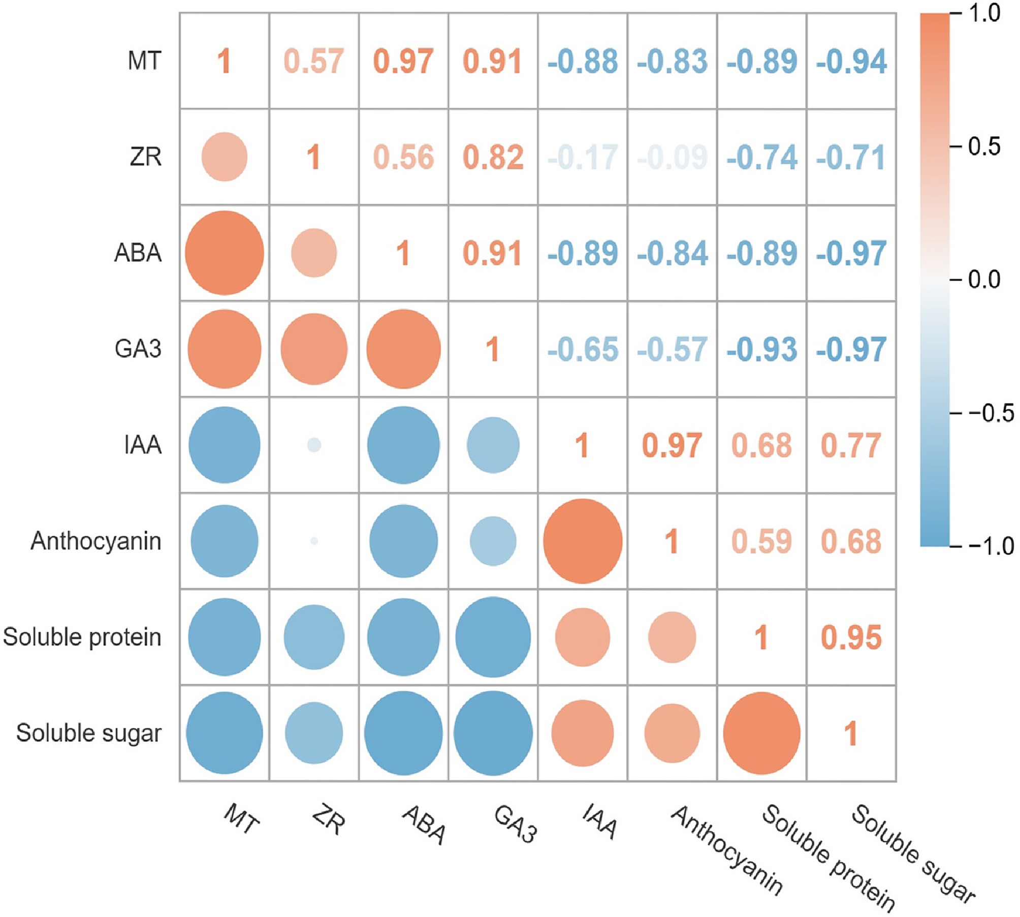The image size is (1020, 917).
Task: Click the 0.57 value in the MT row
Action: click(x=314, y=61)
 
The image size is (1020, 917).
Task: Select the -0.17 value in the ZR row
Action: click(x=583, y=157)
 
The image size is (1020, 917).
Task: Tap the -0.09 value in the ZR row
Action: click(x=672, y=157)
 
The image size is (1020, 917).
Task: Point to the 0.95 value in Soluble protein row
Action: click(x=851, y=637)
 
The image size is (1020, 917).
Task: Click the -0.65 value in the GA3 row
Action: click(x=583, y=349)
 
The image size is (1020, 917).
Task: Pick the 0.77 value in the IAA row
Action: click(x=851, y=445)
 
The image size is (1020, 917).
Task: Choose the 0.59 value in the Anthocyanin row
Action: click(x=761, y=541)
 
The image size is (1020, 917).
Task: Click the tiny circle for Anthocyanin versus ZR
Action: click(x=314, y=541)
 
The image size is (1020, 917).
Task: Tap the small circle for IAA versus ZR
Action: click(x=314, y=445)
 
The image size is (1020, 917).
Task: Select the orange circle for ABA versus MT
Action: click(x=225, y=253)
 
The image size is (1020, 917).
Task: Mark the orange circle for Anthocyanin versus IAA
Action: click(x=583, y=541)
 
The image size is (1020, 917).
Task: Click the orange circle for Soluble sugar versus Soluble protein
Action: click(x=761, y=733)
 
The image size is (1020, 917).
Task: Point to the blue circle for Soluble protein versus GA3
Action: click(x=493, y=637)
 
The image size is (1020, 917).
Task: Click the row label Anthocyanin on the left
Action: click(x=96, y=541)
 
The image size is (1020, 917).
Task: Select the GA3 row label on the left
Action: click(x=138, y=349)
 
